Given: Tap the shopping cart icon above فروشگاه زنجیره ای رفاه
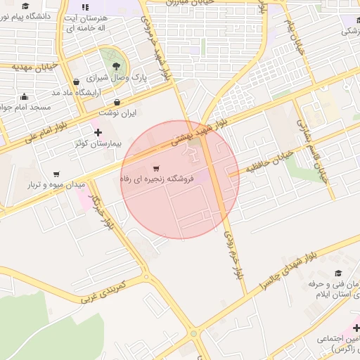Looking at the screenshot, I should click(156, 167).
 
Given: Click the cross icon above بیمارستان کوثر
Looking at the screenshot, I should click(97, 131).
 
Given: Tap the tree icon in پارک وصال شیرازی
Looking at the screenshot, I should click(110, 57).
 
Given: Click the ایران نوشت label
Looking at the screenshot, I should click(116, 112).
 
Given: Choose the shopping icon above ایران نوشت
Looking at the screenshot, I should click(117, 101).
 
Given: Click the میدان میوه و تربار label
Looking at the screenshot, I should click(56, 184).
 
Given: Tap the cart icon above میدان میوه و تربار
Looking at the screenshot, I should click(56, 174).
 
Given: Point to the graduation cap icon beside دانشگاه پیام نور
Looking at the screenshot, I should click(25, 6).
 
